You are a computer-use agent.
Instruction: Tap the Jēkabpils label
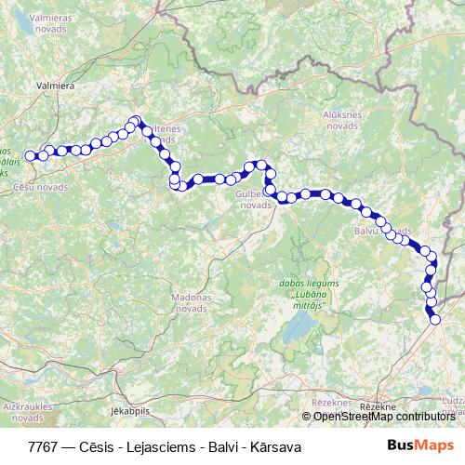point(129,409)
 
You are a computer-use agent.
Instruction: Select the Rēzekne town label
point(378,407)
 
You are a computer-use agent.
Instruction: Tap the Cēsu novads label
point(41,186)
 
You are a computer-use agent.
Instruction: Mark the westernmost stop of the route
point(30,156)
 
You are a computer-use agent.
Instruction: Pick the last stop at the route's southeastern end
point(435,320)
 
